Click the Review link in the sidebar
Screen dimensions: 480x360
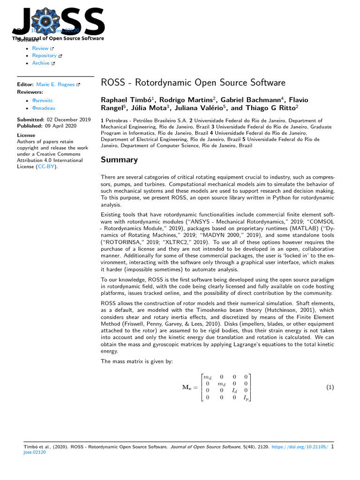[x=40, y=48]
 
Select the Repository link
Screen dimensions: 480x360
[x=44, y=56]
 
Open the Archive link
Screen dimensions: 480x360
[x=41, y=63]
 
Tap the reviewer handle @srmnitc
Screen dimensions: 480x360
[x=43, y=101]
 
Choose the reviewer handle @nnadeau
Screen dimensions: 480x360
[x=43, y=108]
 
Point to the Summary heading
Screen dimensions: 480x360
[x=120, y=160]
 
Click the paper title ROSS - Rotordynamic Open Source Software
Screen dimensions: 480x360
[x=193, y=83]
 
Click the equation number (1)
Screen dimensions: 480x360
[x=330, y=387]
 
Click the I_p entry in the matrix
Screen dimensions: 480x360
[x=246, y=397]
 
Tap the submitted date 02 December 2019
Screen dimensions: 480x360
[x=69, y=120]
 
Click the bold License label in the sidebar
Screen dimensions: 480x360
[x=26, y=135]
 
